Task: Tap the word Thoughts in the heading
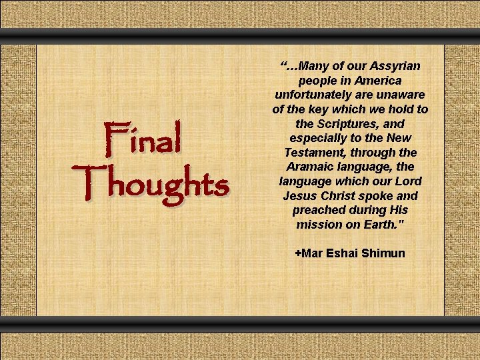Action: [154, 181]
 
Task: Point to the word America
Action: [378, 81]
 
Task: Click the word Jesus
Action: [299, 196]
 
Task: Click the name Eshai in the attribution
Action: [343, 253]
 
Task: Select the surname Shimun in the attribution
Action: [383, 253]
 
